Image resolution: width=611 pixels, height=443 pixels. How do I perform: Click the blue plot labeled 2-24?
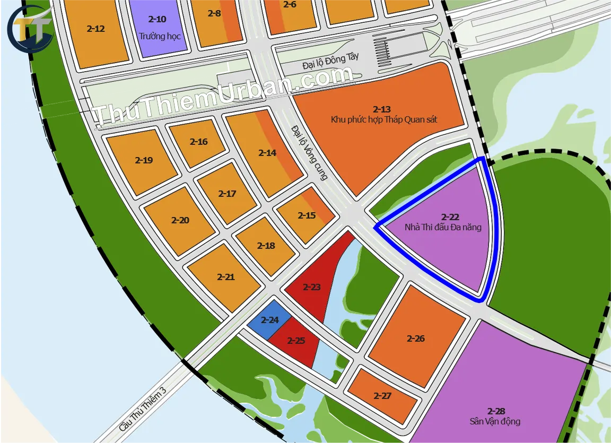[x=269, y=320]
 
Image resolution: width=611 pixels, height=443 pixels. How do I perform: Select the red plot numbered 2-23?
[x=312, y=288]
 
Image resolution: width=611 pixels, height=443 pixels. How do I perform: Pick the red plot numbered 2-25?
[x=296, y=341]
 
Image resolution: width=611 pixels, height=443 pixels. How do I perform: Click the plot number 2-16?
[x=199, y=142]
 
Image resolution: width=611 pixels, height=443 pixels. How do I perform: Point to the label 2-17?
[x=227, y=194]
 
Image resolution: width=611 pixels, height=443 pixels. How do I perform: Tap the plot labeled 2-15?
[x=307, y=215]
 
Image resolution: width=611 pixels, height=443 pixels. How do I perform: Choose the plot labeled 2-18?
[x=266, y=246]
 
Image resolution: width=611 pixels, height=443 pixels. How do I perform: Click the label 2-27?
[x=382, y=396]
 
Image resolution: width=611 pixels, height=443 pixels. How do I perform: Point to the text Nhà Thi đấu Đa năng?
[x=443, y=227]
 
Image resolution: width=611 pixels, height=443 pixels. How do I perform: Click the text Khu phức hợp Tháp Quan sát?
[x=384, y=119]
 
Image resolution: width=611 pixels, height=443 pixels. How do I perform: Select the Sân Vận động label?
[x=495, y=422]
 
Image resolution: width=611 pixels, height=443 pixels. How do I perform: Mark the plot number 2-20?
[x=180, y=220]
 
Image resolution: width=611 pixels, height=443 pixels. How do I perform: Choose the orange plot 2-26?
[x=416, y=338]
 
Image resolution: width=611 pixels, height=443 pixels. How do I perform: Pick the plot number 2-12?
[x=95, y=29]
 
